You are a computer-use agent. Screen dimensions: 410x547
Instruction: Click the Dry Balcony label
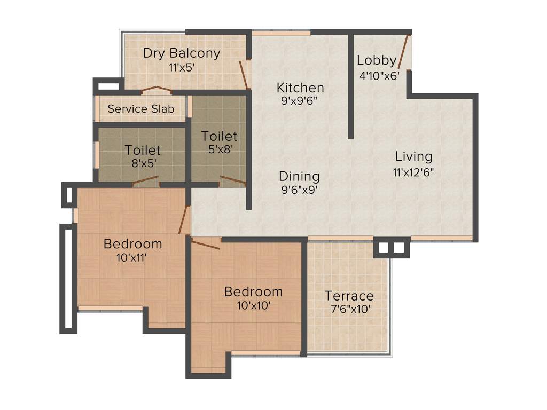pyautogui.click(x=182, y=53)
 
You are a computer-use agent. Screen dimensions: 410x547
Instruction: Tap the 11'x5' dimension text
pyautogui.click(x=182, y=67)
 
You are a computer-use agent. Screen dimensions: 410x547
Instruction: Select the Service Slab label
pyautogui.click(x=141, y=109)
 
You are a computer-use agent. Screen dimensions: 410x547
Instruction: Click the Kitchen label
pyautogui.click(x=300, y=88)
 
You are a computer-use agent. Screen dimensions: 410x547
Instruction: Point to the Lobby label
pyautogui.click(x=377, y=60)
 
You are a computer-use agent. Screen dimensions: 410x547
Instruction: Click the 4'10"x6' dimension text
pyautogui.click(x=379, y=75)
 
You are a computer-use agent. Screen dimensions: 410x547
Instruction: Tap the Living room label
pyautogui.click(x=413, y=156)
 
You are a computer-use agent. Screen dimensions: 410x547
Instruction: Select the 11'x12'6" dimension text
pyautogui.click(x=413, y=172)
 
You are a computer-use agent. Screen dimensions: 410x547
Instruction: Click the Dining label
pyautogui.click(x=300, y=176)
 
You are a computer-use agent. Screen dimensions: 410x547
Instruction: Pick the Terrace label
pyautogui.click(x=349, y=296)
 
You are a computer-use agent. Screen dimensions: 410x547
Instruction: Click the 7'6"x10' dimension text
pyautogui.click(x=349, y=309)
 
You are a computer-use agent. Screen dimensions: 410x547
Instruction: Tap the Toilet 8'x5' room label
pyautogui.click(x=142, y=150)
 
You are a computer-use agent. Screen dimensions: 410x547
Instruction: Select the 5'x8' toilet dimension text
pyautogui.click(x=220, y=150)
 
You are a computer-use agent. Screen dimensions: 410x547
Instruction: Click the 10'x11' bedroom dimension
pyautogui.click(x=132, y=258)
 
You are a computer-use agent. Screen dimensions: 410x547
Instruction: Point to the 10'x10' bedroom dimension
pyautogui.click(x=253, y=305)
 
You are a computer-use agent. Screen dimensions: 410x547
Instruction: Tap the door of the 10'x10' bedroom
pyautogui.click(x=206, y=245)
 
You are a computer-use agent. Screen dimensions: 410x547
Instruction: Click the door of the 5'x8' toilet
pyautogui.click(x=233, y=180)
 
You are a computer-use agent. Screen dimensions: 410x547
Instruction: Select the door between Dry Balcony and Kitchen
pyautogui.click(x=244, y=75)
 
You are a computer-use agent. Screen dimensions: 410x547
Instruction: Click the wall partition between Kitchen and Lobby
pyautogui.click(x=350, y=85)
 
